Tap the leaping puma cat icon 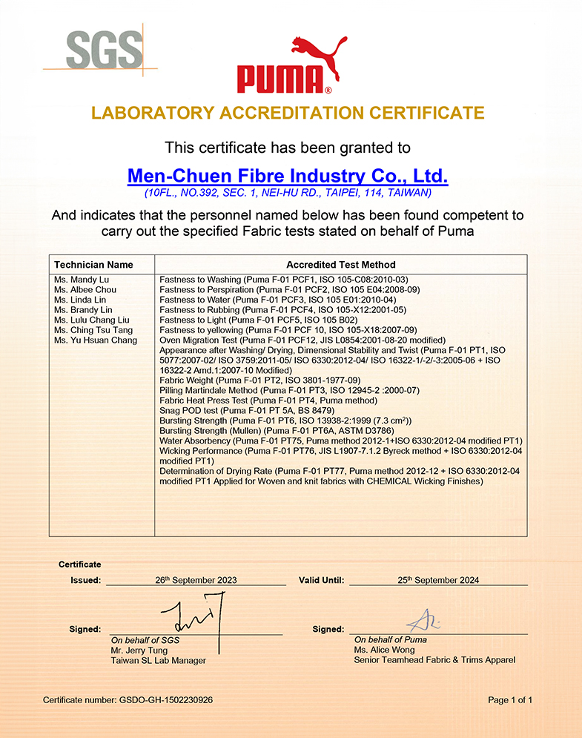317,56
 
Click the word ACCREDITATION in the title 294,113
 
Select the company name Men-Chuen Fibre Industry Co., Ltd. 288,177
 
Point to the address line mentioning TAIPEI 288,193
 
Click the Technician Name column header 93,265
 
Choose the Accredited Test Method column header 341,265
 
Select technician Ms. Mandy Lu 80,280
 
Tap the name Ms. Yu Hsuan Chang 96,340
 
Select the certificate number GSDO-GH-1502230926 169,699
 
